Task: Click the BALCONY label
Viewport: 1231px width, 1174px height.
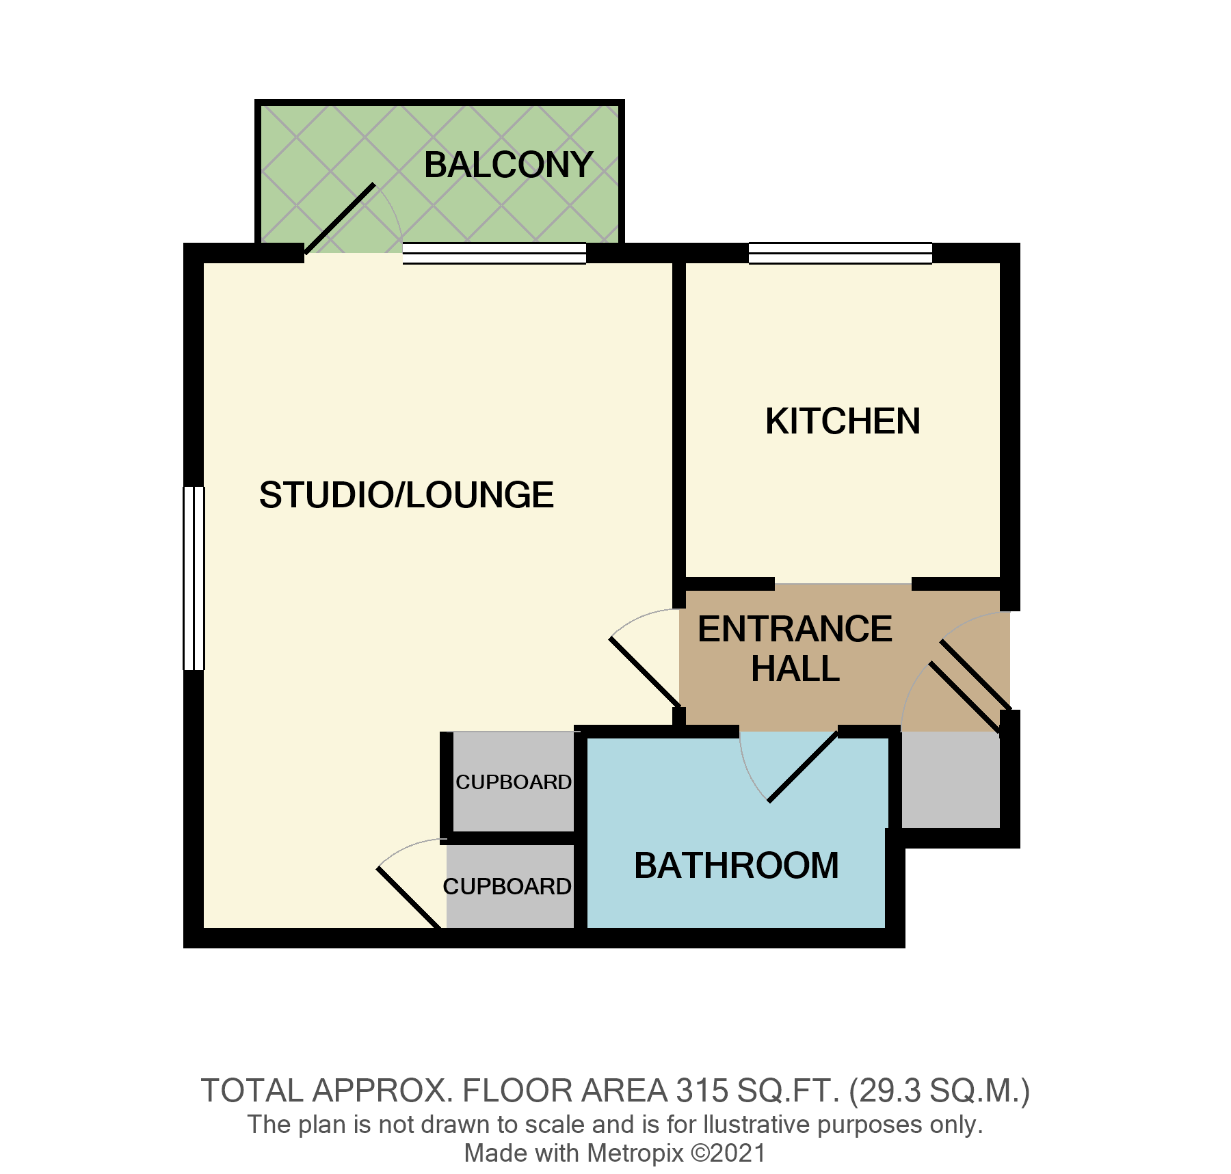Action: pos(508,165)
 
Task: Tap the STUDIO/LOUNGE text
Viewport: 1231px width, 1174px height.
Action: pos(406,495)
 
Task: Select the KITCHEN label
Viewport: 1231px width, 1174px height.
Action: pos(843,421)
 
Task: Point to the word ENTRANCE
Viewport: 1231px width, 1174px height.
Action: pos(795,629)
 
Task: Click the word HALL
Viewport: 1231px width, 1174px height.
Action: pos(795,669)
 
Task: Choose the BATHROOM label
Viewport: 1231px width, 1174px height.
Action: pos(737,866)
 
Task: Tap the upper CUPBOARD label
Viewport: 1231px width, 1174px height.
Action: pos(514,782)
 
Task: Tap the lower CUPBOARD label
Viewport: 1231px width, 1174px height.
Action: pos(507,887)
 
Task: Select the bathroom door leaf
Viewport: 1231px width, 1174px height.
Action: pos(803,766)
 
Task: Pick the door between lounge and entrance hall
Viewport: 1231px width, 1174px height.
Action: pos(644,673)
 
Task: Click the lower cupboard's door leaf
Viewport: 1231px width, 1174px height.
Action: pos(408,898)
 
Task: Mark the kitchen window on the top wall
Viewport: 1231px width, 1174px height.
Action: pos(840,253)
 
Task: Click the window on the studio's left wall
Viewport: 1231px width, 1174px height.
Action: pos(194,578)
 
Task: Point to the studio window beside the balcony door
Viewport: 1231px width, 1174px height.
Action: pos(494,253)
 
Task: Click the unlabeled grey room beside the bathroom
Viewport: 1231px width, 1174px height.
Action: pos(950,779)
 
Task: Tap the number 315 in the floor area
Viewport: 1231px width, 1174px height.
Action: pos(701,1091)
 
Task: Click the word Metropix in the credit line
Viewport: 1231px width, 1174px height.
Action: pos(635,1153)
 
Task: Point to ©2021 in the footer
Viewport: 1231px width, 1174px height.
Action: pos(728,1153)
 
